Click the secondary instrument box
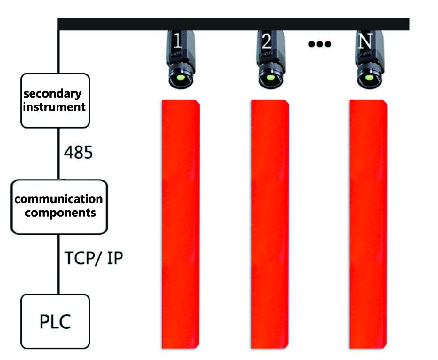(55, 101)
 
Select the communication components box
(59, 207)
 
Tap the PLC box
(55, 321)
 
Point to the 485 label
(78, 153)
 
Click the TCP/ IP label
(94, 258)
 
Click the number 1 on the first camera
(178, 41)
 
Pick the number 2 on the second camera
(267, 41)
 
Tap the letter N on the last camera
(365, 41)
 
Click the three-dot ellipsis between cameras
(320, 44)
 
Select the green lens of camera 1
(180, 77)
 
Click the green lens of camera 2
(270, 77)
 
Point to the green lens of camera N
(369, 77)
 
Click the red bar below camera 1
(181, 224)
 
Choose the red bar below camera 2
(270, 224)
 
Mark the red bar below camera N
(368, 224)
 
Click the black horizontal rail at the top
(234, 24)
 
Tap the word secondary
(53, 94)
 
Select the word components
(60, 213)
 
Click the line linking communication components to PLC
(59, 264)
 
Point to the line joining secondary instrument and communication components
(59, 154)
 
